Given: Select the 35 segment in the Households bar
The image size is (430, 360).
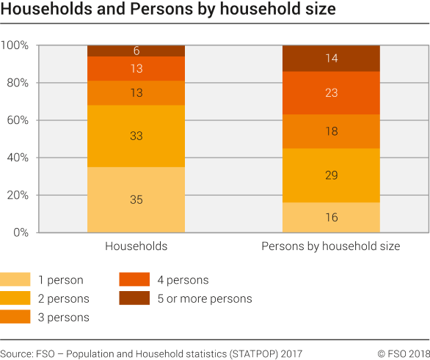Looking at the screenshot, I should pos(136,199).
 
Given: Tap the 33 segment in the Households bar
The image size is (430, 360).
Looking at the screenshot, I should pos(136,136).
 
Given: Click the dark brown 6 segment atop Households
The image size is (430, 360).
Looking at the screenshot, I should pos(136,51).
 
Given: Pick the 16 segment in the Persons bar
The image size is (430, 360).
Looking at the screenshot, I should pos(331,218).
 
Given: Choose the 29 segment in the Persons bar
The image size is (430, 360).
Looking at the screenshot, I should pos(331,175).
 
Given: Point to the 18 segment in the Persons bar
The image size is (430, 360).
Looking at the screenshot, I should pos(331,131).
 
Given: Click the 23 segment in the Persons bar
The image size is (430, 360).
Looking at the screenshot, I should pos(331,92).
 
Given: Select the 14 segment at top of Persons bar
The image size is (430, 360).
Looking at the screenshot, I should pos(331,58).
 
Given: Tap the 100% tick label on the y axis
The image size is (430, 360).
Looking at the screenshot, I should pos(15,45).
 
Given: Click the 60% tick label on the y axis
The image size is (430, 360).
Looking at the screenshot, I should pos(18,120).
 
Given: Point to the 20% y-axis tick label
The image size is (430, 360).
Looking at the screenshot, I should pos(18,195).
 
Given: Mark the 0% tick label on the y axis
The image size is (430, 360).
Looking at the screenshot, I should pos(21,232).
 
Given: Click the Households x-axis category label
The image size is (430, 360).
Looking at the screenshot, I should pos(136,246).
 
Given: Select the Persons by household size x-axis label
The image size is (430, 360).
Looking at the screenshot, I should pos(331,246).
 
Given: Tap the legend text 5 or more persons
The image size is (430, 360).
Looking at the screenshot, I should pos(204,298).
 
